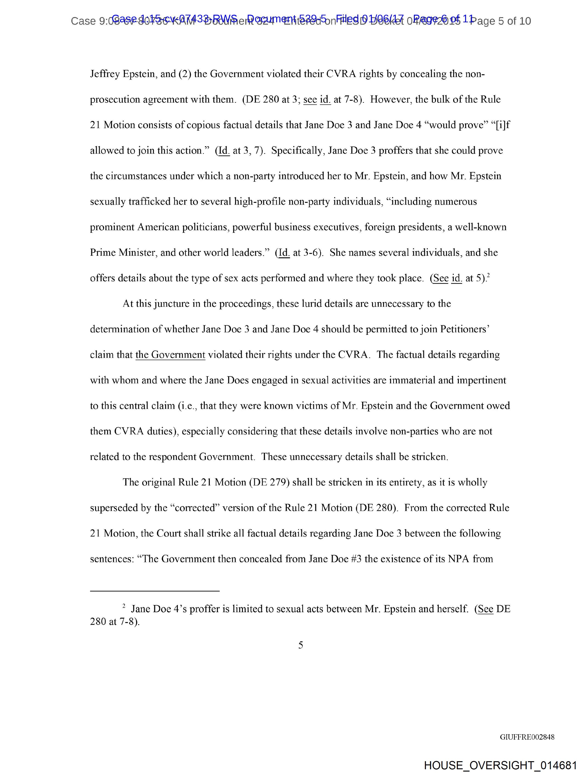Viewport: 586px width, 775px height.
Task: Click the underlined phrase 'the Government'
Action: (x=170, y=355)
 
